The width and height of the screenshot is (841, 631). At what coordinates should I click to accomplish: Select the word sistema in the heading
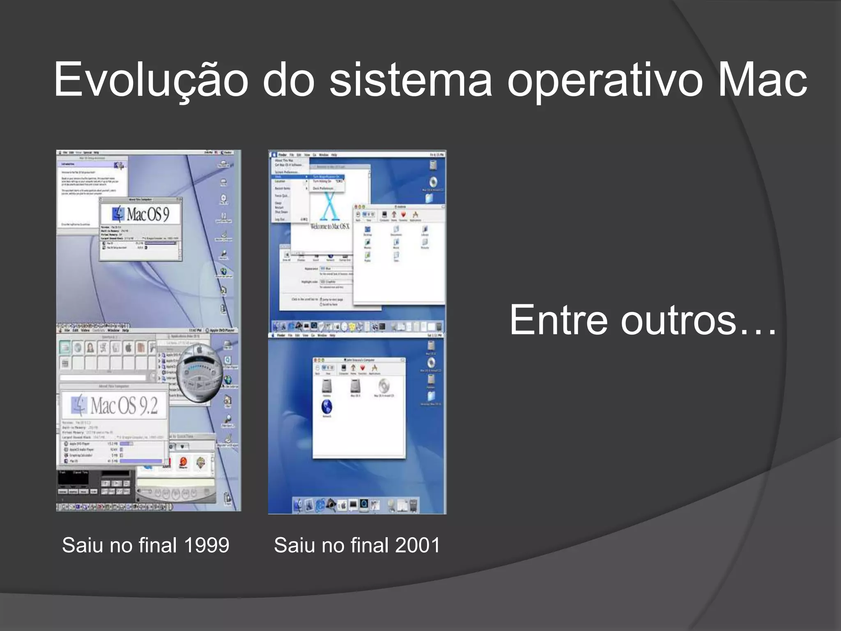click(411, 80)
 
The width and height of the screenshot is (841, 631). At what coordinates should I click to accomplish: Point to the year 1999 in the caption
click(207, 546)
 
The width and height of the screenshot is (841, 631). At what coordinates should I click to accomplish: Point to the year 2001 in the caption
click(418, 546)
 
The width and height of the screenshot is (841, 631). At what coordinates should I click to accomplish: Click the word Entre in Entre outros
click(558, 320)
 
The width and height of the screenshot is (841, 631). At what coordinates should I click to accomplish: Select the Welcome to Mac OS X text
click(330, 226)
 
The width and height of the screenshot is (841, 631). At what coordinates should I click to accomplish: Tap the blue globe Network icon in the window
click(327, 407)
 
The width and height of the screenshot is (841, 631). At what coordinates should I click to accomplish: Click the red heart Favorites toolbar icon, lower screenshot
click(363, 368)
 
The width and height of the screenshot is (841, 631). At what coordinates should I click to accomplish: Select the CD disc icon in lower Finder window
click(384, 386)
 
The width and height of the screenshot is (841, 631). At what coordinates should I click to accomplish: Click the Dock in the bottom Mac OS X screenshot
click(356, 505)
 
